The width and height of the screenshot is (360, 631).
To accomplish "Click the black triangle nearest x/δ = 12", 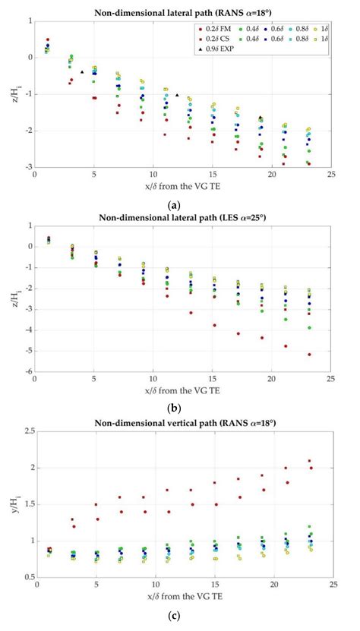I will pos(177,95).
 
